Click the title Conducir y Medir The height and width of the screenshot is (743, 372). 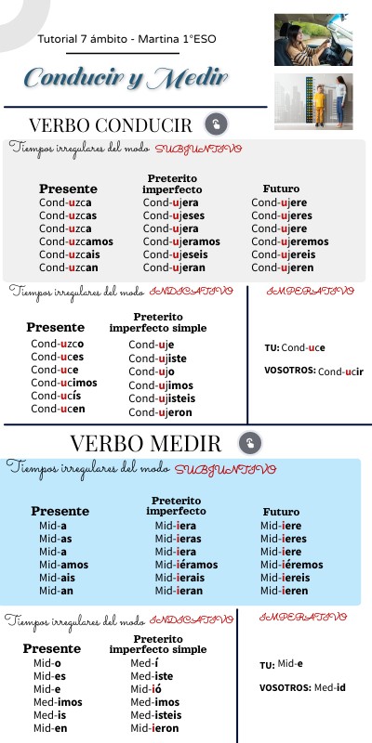click(x=126, y=78)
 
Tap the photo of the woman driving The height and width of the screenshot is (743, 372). click(x=313, y=39)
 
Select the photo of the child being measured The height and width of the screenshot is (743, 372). click(x=313, y=101)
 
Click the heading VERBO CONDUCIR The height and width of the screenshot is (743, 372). click(x=111, y=125)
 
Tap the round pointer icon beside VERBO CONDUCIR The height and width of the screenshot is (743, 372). click(x=216, y=124)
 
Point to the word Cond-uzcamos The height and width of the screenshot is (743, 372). click(x=76, y=241)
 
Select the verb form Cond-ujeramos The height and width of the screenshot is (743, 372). click(x=182, y=241)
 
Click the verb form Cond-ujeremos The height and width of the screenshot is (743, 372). click(x=290, y=241)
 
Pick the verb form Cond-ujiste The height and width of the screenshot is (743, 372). click(x=157, y=358)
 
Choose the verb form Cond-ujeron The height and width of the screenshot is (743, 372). click(x=160, y=412)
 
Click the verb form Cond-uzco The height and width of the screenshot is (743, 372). click(x=58, y=344)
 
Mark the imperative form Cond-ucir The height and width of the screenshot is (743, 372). click(x=340, y=371)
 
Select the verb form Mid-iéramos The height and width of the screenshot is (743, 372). click(x=186, y=564)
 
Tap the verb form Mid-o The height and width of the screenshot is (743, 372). click(x=47, y=663)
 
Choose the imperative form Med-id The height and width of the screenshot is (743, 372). click(x=330, y=687)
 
